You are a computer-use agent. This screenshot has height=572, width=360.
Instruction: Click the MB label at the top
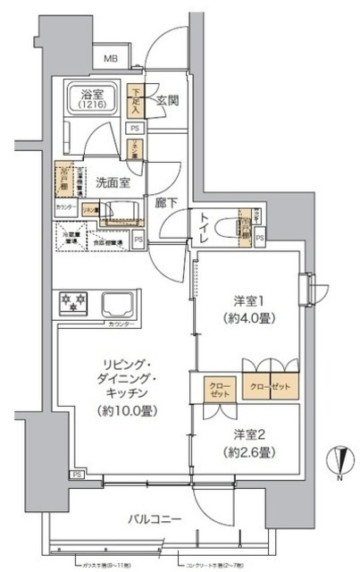click(x=111, y=60)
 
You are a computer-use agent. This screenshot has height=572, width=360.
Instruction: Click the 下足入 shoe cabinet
click(x=136, y=100)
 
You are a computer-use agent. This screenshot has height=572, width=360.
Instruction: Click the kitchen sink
click(x=120, y=303)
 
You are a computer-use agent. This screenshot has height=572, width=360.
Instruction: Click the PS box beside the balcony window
click(x=78, y=474)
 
